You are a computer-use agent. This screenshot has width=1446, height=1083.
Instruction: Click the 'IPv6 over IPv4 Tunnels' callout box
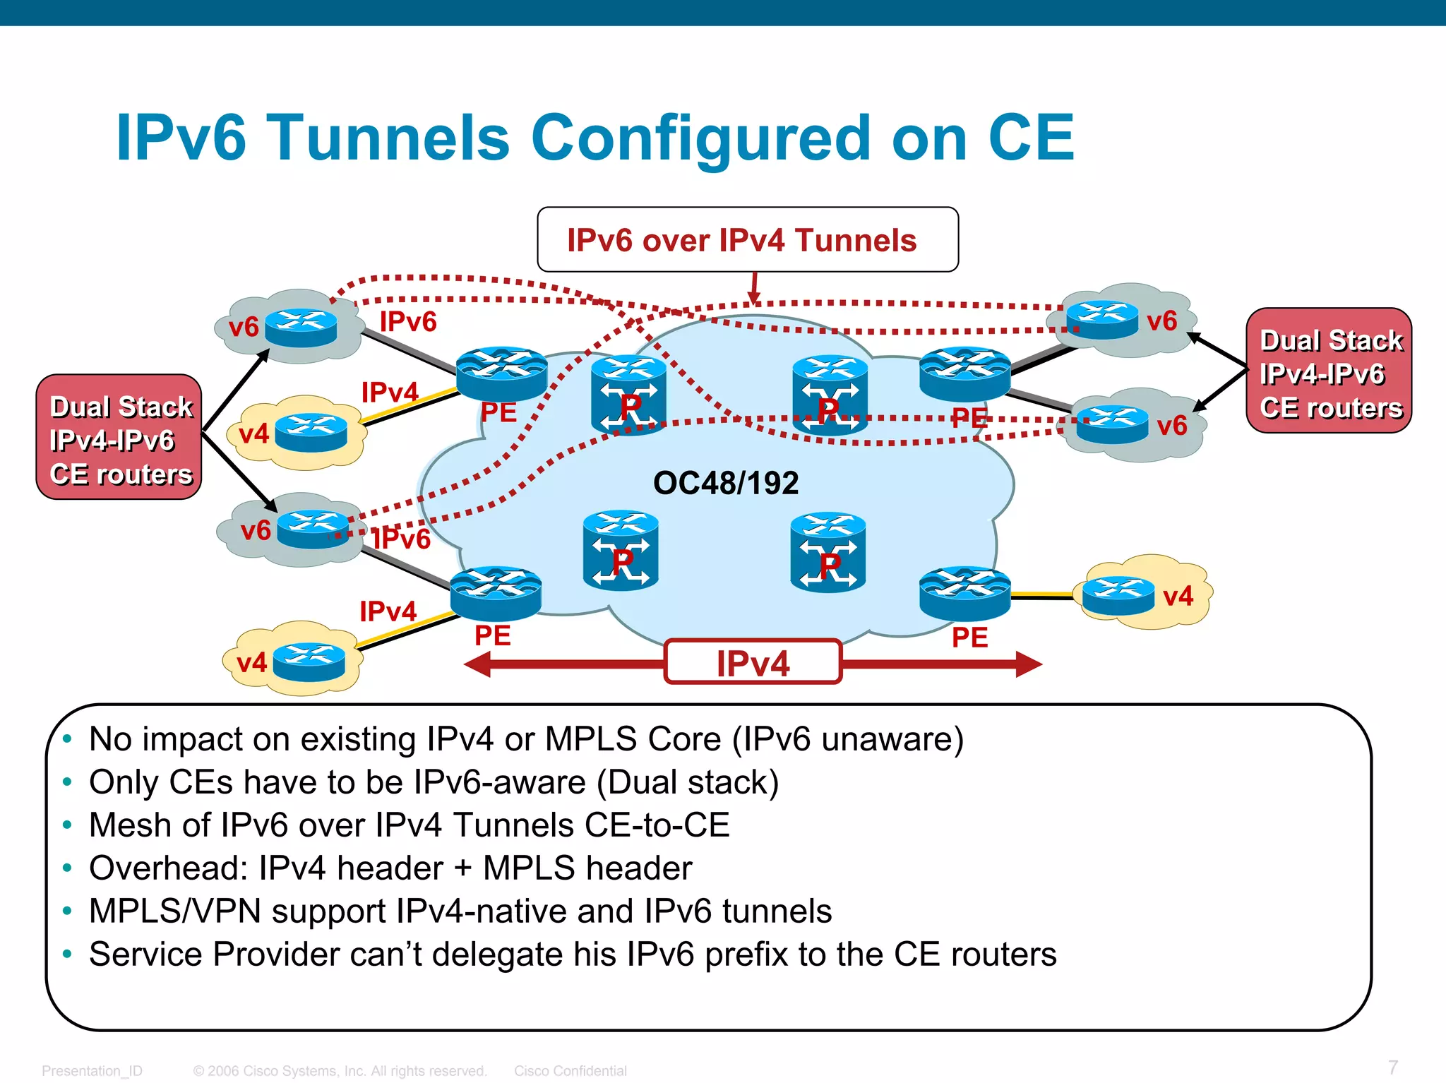point(747,240)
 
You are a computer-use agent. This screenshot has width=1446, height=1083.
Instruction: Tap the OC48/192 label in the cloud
point(726,484)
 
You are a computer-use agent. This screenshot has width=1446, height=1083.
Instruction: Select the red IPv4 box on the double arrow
point(753,663)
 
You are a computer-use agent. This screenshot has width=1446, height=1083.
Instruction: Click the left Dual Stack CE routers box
point(119,438)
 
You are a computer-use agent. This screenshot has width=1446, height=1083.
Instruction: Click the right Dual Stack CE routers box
point(1329,371)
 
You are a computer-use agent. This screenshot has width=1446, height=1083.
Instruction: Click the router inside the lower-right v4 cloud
point(1118,595)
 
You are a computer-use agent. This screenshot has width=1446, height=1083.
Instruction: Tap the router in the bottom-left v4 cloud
point(309,662)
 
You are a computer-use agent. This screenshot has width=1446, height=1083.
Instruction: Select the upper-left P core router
point(628,395)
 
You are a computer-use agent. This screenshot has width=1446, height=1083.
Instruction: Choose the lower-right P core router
point(828,553)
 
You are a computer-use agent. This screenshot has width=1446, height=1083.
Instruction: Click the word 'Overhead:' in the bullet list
point(169,868)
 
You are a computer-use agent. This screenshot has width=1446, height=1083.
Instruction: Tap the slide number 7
point(1392,1067)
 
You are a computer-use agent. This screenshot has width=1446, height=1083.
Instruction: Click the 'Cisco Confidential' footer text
point(570,1071)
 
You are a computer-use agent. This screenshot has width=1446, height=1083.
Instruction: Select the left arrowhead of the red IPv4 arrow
point(479,664)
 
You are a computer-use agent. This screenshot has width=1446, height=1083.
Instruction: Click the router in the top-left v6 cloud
point(301,327)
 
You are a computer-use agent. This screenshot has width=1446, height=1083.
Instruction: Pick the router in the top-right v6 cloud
point(1101,319)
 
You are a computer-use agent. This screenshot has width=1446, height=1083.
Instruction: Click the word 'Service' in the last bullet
point(145,955)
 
